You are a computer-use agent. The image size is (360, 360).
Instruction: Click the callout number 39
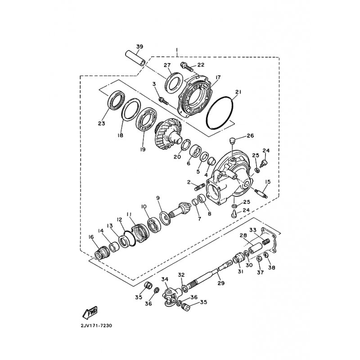coord(139,47)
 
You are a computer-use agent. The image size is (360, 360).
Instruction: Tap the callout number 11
coord(129,214)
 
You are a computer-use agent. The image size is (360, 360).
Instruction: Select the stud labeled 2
coord(199,185)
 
